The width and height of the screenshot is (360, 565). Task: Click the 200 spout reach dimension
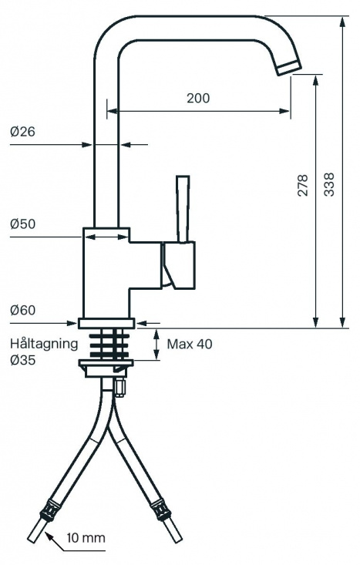click(198, 98)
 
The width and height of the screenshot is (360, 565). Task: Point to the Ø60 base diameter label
click(23, 311)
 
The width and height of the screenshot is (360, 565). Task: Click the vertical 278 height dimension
click(303, 185)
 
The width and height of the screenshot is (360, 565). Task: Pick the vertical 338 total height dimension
click(329, 185)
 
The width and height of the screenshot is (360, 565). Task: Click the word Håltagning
click(44, 343)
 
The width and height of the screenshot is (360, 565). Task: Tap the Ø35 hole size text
click(23, 360)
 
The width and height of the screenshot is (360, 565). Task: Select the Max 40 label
click(189, 344)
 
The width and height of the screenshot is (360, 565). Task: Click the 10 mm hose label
click(85, 537)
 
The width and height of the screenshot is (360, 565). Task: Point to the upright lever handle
click(183, 208)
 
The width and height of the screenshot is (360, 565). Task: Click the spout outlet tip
click(289, 67)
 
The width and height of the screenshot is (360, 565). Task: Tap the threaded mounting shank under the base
click(108, 344)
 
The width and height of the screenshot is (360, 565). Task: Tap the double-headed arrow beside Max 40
click(156, 344)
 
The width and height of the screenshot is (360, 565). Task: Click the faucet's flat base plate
click(108, 324)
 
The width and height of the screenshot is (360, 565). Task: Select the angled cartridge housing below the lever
click(177, 266)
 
